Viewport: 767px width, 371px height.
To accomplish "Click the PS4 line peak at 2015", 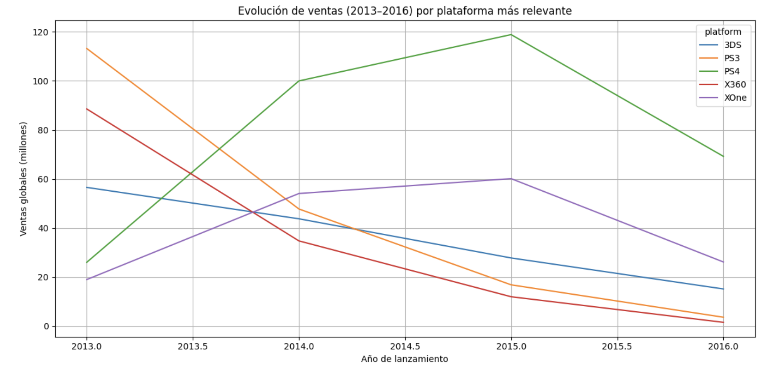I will (511, 35).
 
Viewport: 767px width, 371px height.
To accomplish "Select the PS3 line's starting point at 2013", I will (87, 49).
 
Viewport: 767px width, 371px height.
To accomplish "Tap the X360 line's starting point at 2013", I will (87, 109).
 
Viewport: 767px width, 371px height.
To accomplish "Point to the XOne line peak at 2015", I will (511, 178).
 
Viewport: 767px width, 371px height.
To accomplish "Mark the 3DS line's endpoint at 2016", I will (723, 289).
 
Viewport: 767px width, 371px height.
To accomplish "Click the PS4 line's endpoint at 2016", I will (723, 156).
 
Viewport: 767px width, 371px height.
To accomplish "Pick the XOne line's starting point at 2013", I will (87, 279).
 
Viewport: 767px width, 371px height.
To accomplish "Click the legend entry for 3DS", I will (732, 45).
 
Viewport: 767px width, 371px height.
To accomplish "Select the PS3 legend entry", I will (732, 58).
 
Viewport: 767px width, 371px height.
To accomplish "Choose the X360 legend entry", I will (735, 85).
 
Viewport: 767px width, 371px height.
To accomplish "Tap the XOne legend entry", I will (735, 98).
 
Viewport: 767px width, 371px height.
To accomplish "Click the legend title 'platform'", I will (723, 32).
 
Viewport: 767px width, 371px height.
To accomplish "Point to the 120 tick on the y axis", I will (40, 32).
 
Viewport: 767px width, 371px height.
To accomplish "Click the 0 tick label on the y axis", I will (46, 326).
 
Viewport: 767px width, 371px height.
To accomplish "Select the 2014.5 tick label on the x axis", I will (405, 346).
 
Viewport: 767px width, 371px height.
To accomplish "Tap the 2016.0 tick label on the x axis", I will (723, 346).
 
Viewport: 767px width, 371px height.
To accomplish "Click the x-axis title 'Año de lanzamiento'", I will (405, 359).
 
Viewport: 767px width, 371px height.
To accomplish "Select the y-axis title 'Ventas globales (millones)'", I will (23, 178).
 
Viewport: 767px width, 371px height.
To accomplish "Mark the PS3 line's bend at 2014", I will (299, 209).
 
